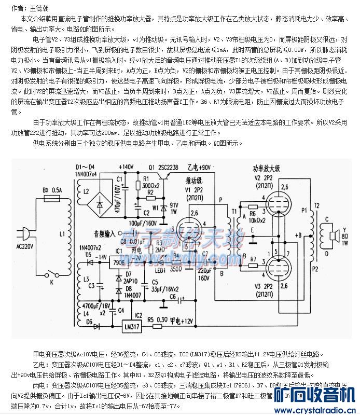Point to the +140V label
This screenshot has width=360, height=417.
click(x=126, y=167)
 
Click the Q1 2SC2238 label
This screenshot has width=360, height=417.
click(x=164, y=168)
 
